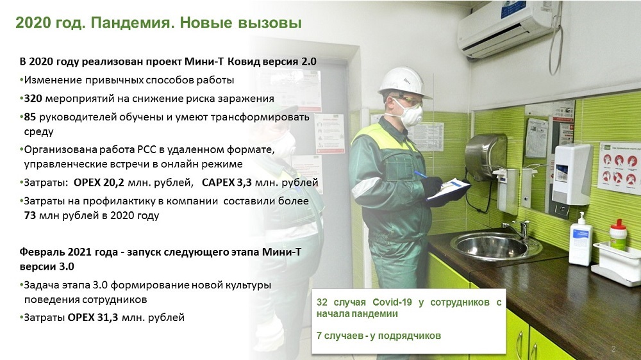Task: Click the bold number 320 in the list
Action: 33,99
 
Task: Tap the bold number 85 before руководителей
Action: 30,117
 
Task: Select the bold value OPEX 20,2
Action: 99,183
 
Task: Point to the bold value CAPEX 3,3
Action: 226,183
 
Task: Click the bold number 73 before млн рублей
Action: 30,215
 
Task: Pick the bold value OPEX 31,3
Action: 93,318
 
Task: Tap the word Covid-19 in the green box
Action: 392,302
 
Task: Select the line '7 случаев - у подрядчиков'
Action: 379,336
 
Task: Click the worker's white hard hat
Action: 403,82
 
